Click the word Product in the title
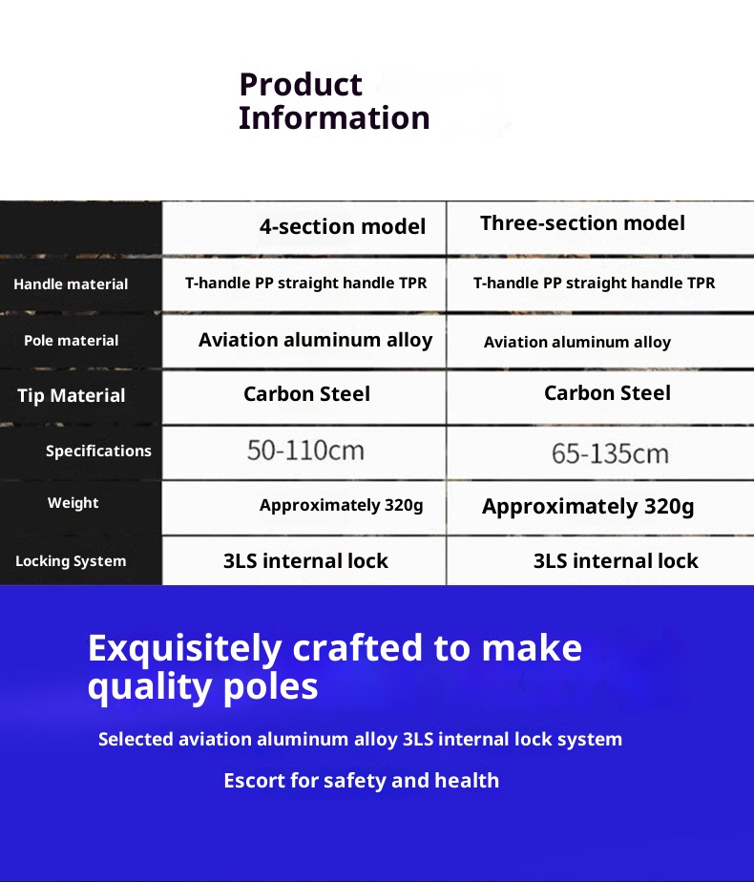[301, 85]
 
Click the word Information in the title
[335, 117]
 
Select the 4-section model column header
[343, 226]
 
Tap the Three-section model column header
[582, 223]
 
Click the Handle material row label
[71, 284]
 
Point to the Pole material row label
[72, 341]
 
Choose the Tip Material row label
[72, 395]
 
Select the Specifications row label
[98, 451]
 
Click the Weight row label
[73, 503]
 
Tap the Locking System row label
[71, 561]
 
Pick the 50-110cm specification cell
[305, 451]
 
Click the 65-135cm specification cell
[610, 453]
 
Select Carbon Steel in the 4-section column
[307, 393]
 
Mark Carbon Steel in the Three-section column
[607, 392]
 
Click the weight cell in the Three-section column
[588, 506]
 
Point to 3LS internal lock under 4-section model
[305, 561]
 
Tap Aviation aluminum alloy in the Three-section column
[577, 342]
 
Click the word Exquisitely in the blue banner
[184, 648]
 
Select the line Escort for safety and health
[362, 781]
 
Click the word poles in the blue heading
[270, 688]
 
